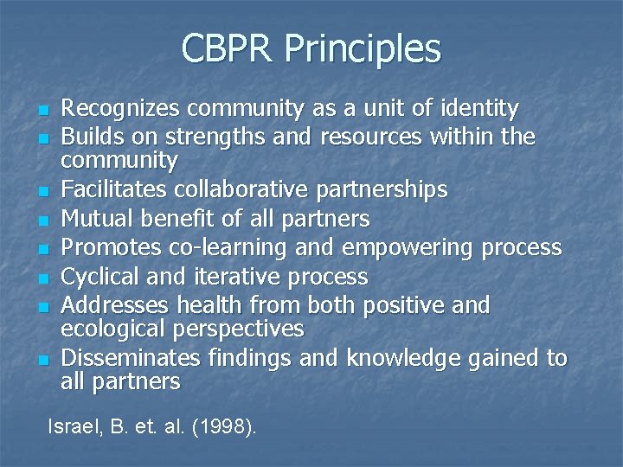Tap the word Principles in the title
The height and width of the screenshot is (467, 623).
[366, 50]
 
